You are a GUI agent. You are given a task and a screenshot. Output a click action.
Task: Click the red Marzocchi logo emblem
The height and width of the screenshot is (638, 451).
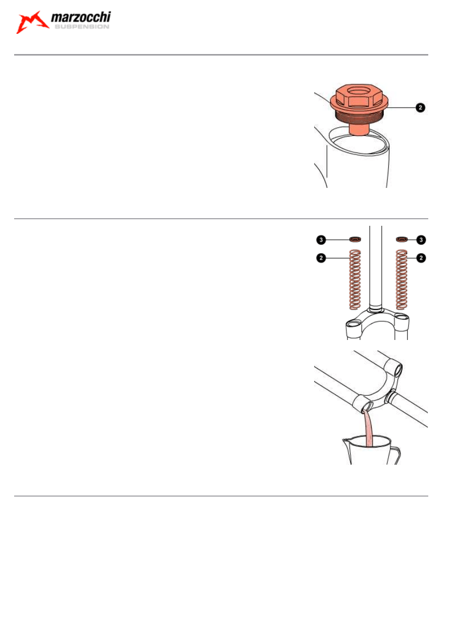click(32, 22)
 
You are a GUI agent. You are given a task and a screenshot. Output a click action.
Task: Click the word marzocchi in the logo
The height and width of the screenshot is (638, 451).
click(81, 17)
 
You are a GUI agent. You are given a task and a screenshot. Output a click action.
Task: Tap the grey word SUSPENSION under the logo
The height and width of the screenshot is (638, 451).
click(82, 27)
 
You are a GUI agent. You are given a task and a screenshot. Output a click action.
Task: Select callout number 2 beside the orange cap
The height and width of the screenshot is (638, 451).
click(420, 108)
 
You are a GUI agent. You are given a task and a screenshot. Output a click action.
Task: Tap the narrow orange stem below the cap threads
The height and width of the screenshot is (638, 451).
click(359, 130)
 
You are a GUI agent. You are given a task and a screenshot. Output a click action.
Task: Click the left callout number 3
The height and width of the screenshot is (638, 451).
click(321, 240)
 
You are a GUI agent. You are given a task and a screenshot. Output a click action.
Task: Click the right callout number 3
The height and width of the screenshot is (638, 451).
click(421, 240)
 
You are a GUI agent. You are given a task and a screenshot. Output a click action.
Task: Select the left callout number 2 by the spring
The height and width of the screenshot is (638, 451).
click(321, 258)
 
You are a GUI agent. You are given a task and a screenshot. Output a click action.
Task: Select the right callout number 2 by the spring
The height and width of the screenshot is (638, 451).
click(421, 258)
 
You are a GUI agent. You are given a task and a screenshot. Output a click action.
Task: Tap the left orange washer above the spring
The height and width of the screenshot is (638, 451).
click(355, 239)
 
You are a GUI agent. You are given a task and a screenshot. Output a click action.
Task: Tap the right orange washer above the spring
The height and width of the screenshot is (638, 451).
click(402, 239)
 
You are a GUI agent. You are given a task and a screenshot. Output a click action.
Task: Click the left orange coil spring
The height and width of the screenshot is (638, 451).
click(355, 279)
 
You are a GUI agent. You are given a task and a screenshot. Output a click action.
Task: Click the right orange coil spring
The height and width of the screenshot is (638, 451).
click(402, 279)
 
